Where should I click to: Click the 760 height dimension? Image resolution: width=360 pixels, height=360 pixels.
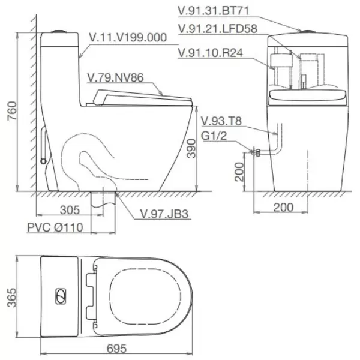click(13, 110)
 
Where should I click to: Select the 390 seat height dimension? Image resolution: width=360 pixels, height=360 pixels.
click(191, 149)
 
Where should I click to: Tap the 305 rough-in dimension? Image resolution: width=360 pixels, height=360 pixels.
click(70, 210)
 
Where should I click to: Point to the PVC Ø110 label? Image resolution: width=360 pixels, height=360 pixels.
click(55, 227)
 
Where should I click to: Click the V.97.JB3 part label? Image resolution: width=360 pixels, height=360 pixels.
click(164, 214)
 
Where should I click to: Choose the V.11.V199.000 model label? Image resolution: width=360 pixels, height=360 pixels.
click(128, 37)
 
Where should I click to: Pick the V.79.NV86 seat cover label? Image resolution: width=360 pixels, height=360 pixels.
click(115, 77)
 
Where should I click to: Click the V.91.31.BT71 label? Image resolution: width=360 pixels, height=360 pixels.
click(214, 11)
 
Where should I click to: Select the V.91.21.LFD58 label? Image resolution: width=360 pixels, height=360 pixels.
click(218, 29)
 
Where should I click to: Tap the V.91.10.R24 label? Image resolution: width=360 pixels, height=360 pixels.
click(211, 53)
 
